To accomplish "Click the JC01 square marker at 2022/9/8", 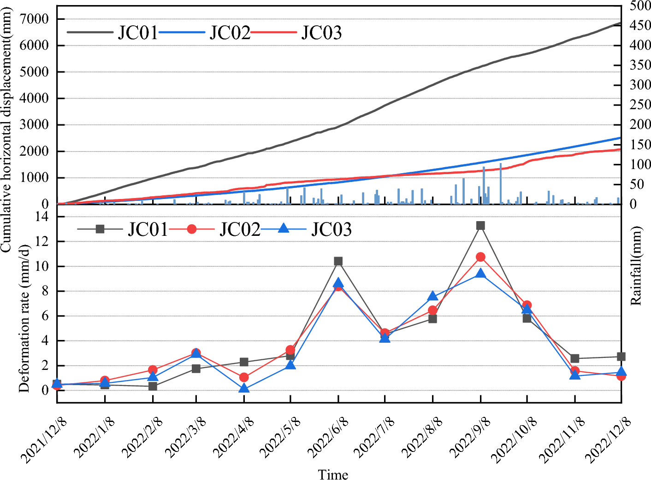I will (480, 225).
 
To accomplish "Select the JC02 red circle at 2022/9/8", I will (480, 257).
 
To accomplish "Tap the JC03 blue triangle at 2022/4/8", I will (244, 388).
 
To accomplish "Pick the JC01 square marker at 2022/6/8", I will (338, 261).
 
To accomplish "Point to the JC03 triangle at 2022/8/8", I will (432, 296).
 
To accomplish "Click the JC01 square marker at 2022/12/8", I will (621, 357).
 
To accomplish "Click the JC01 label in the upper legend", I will (138, 33).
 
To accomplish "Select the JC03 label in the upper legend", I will (321, 33).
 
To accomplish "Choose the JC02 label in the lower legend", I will (240, 229).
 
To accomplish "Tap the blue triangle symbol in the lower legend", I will (284, 228).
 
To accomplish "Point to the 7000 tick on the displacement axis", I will (35, 19).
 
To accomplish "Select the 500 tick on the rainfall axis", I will (640, 6).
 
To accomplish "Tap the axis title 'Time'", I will (333, 474).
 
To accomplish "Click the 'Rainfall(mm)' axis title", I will (636, 266).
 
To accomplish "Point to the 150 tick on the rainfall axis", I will (640, 145).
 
